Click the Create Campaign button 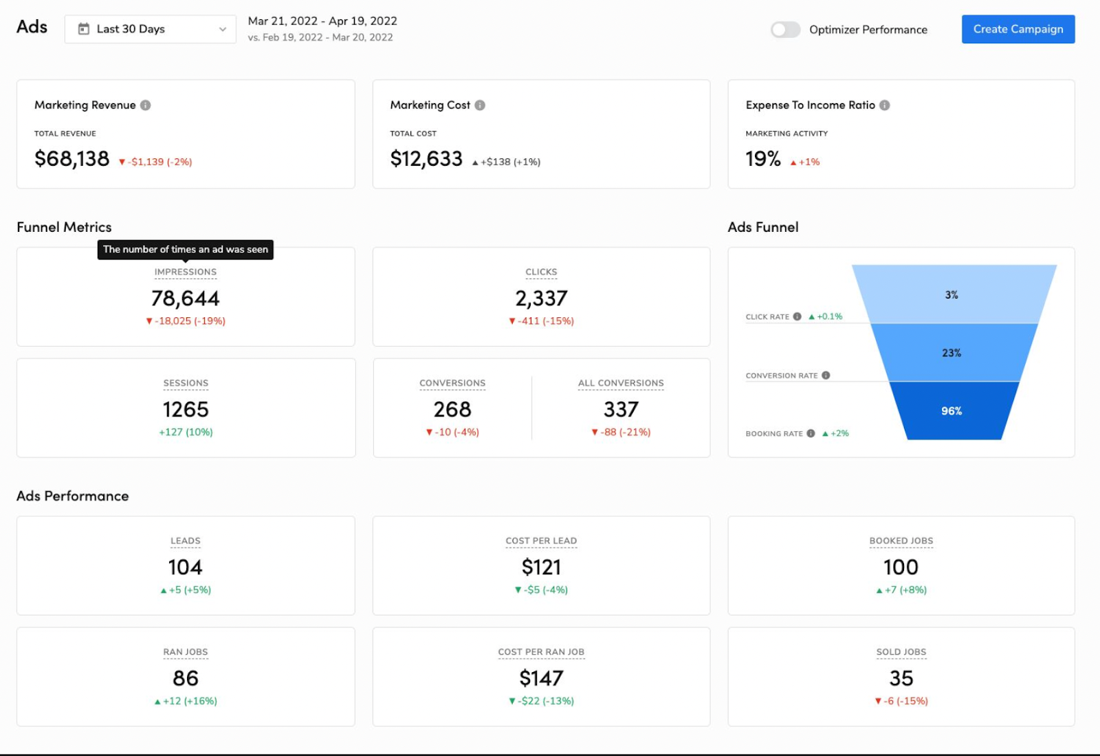point(1017,29)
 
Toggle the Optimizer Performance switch point(785,30)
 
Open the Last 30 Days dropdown point(151,29)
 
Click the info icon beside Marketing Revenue point(146,105)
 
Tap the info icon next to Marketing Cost point(480,105)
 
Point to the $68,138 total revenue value point(72,159)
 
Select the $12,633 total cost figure point(426,159)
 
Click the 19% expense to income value point(763,159)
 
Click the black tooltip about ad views point(186,249)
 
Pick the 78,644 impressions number point(186,299)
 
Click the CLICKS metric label point(541,272)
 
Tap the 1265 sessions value point(186,409)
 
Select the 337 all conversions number point(621,409)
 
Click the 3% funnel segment point(952,294)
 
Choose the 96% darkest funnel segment point(952,411)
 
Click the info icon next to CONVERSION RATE point(826,376)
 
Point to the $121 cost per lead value point(541,568)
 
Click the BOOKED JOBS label point(901,541)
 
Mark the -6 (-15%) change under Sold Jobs point(901,701)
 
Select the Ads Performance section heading point(73,496)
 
